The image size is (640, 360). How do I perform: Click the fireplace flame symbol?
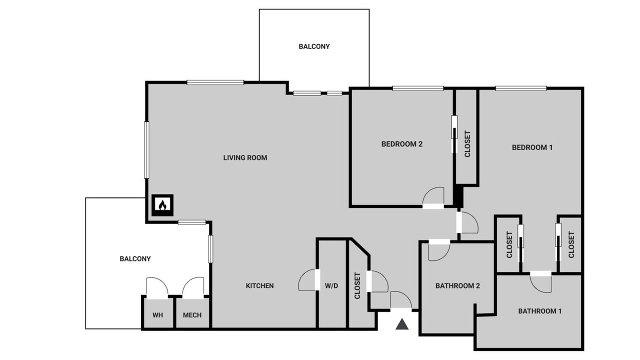162,205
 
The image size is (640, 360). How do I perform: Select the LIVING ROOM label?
245,157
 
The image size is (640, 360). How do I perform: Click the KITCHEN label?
259,285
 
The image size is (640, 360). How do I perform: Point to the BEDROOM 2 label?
401,144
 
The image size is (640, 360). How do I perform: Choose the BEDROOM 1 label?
532,147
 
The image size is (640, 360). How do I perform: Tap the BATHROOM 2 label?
457,285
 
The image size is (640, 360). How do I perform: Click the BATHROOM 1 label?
539,311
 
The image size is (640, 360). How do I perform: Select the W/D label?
331,285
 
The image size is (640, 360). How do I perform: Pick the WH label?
157,315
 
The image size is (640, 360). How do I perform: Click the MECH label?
192,315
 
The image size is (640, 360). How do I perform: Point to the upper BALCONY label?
314,46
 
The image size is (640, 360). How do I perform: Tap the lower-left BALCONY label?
135,259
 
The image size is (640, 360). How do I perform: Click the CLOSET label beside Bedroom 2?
467,144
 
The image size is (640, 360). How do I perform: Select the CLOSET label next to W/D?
357,285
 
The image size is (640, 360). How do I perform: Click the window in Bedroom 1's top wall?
521,88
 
